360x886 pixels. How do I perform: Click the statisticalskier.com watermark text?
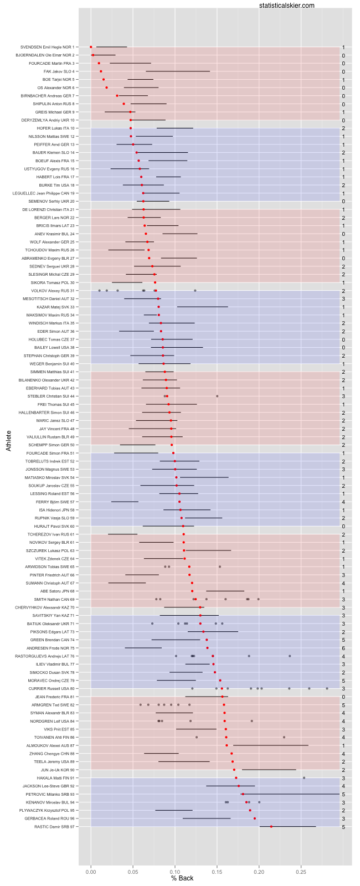click(286, 6)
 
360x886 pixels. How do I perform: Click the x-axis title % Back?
click(182, 878)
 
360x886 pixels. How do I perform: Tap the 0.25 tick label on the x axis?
click(301, 871)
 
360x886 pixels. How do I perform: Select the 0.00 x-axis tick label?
click(91, 871)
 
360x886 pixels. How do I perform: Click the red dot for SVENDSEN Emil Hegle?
click(91, 47)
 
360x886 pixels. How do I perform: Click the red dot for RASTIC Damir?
click(271, 827)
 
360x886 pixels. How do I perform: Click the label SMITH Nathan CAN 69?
click(54, 599)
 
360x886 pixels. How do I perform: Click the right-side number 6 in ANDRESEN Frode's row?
click(343, 648)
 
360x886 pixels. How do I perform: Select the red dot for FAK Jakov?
click(101, 71)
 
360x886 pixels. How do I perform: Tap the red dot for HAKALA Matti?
click(236, 778)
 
